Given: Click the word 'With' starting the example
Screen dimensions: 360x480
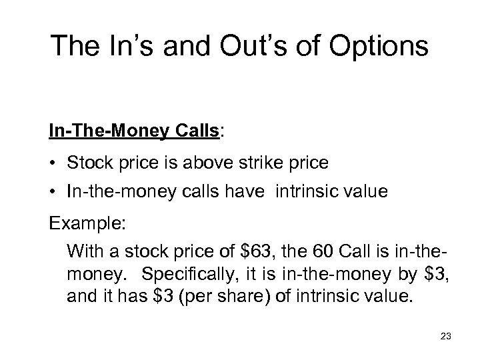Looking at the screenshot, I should coord(83,252).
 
